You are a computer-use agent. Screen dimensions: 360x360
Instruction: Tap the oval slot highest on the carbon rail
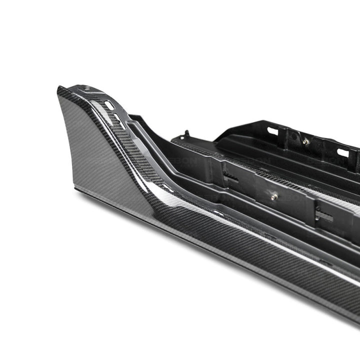(x=109, y=105)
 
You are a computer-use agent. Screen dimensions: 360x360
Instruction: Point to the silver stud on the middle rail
(x=273, y=196)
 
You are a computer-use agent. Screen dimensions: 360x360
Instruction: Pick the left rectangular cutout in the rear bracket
(x=272, y=131)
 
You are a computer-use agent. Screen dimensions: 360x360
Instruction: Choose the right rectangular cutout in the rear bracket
(x=343, y=152)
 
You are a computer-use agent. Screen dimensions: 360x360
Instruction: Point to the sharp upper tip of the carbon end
(x=59, y=90)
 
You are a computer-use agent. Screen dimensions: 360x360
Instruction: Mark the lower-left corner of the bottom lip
(x=76, y=189)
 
